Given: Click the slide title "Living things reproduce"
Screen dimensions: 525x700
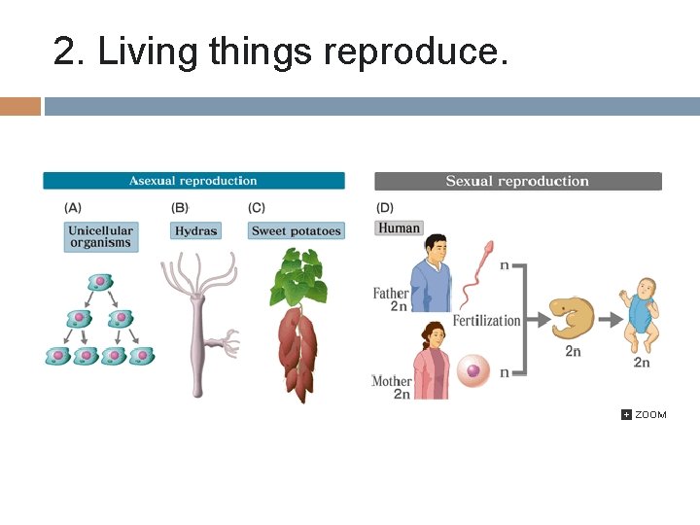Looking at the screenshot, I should (280, 52).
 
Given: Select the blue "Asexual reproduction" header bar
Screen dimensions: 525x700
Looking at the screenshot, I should (193, 181).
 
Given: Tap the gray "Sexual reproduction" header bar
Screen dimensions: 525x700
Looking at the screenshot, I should (517, 181).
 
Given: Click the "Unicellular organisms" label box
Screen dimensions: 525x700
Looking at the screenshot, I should (100, 237).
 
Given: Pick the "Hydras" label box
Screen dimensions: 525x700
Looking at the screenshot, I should (195, 231).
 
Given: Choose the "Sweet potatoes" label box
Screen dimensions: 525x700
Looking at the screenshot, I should (297, 231).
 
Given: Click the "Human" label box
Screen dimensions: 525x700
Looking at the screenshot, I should (399, 228).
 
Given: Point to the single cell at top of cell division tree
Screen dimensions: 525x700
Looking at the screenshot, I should (99, 282).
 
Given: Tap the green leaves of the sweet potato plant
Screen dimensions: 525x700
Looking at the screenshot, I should (297, 277).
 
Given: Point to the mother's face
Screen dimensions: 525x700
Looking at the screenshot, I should (432, 340).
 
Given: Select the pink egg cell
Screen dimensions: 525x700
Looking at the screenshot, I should (474, 370).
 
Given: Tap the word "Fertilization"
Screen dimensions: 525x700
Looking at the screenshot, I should (486, 321).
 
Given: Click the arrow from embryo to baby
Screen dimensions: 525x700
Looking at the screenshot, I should (610, 319).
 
